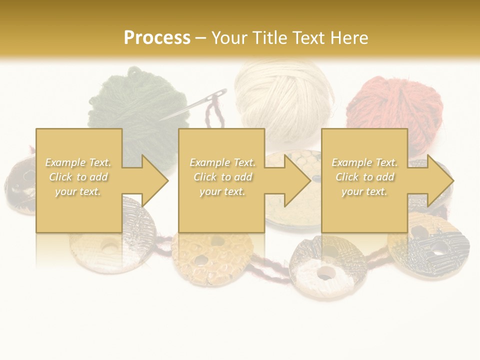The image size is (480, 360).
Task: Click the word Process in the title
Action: point(157,37)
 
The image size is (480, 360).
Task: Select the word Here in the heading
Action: point(348,37)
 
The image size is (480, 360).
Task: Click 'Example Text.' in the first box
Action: point(78,162)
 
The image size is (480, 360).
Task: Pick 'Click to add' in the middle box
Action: point(222,177)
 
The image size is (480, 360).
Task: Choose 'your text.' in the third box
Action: point(364,191)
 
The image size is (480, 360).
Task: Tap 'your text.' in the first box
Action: point(78,191)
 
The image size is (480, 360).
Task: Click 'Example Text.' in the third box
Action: point(364,162)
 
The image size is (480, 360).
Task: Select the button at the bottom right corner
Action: point(435,245)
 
